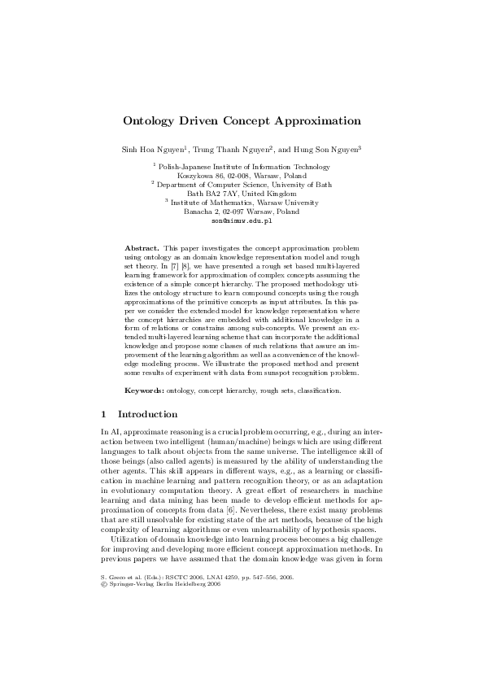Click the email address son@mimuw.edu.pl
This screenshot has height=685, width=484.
tap(242, 220)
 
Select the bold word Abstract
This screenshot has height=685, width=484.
tap(142, 246)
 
